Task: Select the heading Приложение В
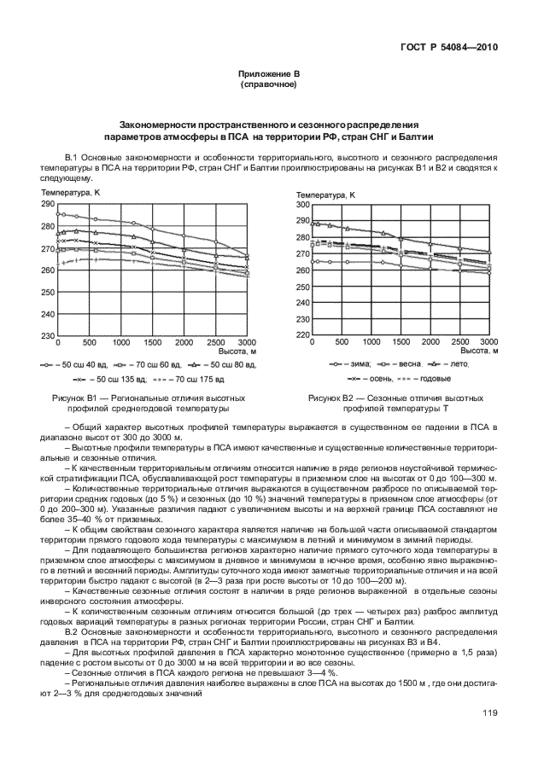(x=269, y=75)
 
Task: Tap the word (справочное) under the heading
(x=269, y=85)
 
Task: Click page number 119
(x=490, y=713)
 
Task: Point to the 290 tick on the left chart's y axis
(x=47, y=205)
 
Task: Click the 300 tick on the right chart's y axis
(x=301, y=205)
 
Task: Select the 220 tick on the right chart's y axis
(x=301, y=334)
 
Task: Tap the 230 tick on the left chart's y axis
(x=47, y=336)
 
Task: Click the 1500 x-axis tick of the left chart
(x=152, y=343)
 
